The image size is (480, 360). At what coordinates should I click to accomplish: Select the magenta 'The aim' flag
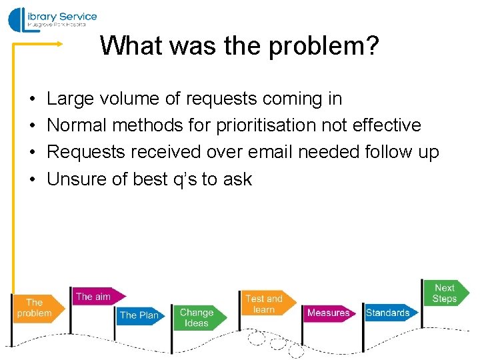pos(95,297)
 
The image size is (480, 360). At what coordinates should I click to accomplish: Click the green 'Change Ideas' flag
pos(197,317)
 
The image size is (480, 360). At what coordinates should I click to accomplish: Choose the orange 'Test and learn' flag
pos(265,304)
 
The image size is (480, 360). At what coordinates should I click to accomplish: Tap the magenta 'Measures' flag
pos(329,313)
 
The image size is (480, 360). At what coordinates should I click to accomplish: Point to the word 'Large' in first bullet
pos(71,99)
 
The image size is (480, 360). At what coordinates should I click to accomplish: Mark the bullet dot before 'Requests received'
pos(33,153)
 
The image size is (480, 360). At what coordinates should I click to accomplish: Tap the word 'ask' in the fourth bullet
pos(238,179)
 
